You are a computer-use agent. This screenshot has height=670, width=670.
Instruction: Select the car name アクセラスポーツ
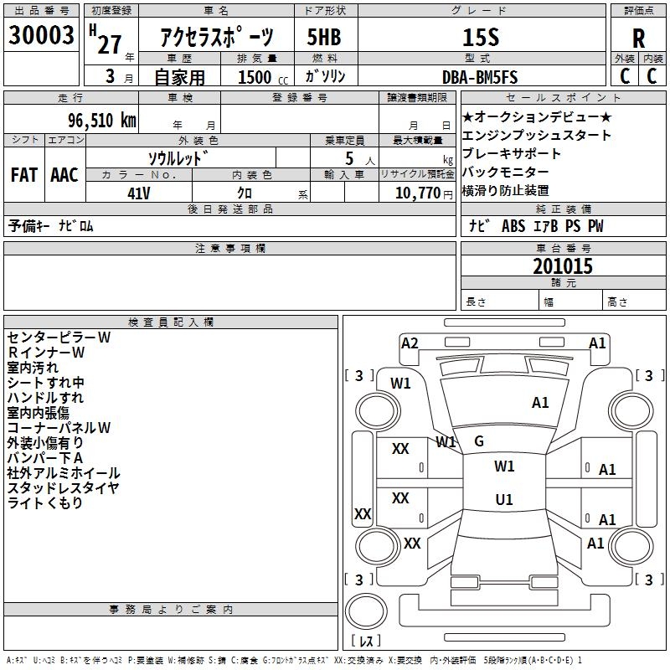[216, 38]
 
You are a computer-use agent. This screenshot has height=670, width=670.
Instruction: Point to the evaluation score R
[638, 39]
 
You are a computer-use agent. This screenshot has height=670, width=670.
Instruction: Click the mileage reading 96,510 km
[92, 121]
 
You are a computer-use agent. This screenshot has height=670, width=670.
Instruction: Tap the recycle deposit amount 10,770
[415, 193]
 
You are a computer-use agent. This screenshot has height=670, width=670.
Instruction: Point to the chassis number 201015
[563, 266]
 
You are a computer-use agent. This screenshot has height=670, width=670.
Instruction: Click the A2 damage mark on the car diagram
[410, 343]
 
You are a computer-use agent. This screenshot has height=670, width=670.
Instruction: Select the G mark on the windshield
[479, 441]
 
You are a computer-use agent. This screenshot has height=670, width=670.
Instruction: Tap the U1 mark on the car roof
[503, 499]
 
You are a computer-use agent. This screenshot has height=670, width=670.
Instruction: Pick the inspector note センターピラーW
[59, 338]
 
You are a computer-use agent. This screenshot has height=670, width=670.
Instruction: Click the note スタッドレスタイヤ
[64, 488]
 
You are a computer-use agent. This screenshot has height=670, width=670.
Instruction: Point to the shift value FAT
[23, 175]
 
